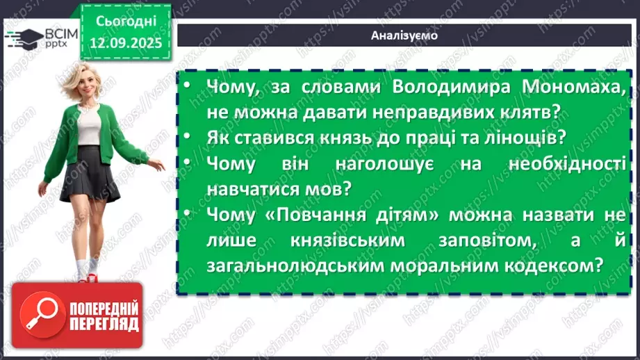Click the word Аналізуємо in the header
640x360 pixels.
pos(404,35)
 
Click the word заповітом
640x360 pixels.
pos(500,240)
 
